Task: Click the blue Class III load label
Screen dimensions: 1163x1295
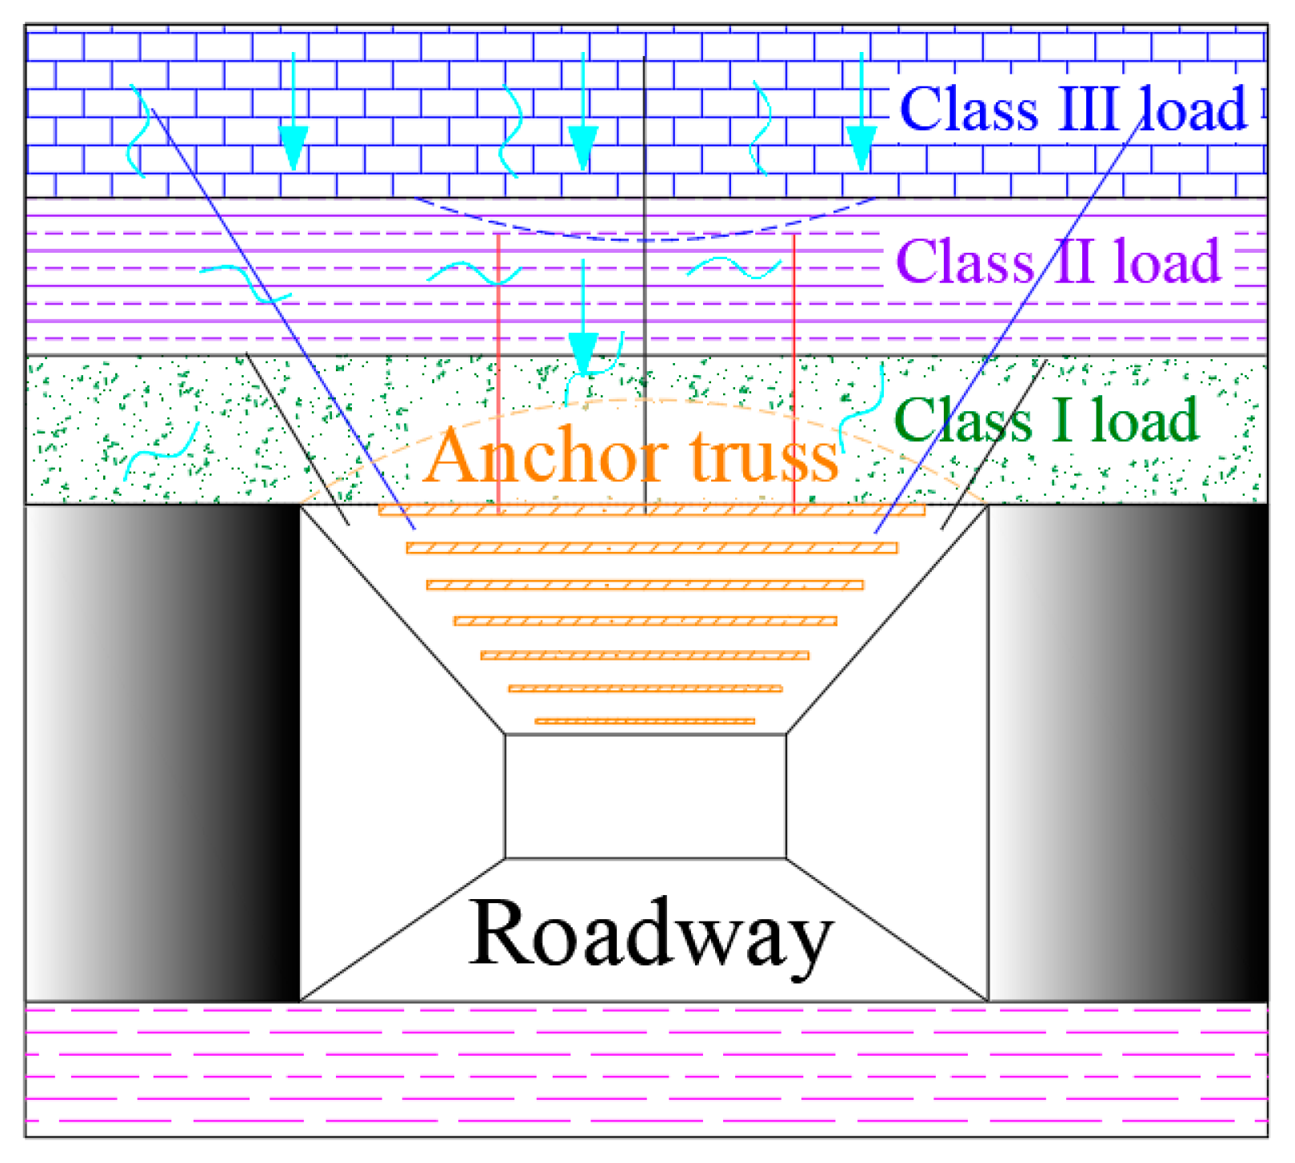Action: coord(1072,109)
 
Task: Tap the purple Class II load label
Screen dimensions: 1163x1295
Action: coord(1057,262)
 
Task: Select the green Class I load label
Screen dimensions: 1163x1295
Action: coord(1046,420)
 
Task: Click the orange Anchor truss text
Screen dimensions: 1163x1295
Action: coord(631,456)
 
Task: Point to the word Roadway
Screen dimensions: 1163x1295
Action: coord(649,933)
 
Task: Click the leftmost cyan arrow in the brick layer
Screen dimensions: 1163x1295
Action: coord(293,120)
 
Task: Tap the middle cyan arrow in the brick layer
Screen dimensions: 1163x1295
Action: coord(583,120)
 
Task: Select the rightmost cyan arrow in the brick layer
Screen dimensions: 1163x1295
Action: coord(861,120)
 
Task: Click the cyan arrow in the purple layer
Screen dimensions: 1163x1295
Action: coord(583,320)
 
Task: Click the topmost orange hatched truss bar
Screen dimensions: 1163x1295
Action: coord(652,510)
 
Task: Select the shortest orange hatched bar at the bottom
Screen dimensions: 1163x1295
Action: coord(645,721)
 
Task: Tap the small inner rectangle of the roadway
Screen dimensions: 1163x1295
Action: coord(645,797)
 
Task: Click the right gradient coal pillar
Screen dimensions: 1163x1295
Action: coord(1128,752)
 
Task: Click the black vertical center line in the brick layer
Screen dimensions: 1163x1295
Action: coord(645,120)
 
